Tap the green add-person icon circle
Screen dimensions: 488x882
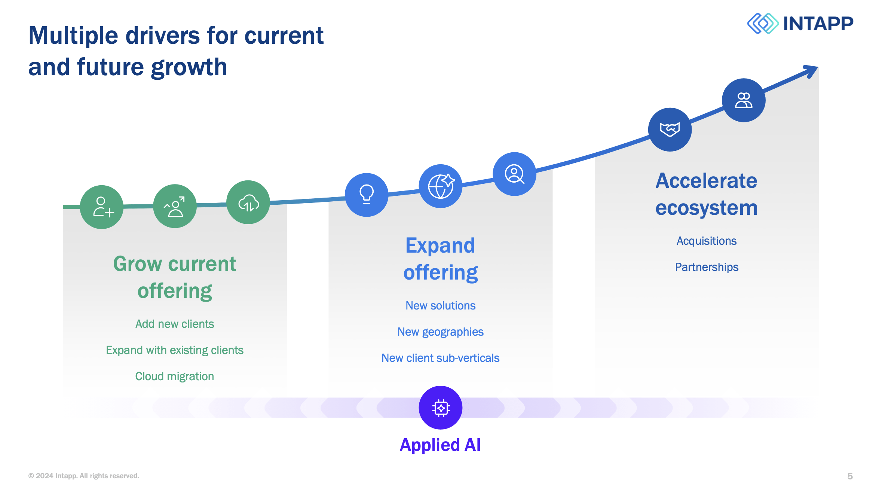coord(102,207)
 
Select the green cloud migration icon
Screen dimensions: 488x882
coord(248,202)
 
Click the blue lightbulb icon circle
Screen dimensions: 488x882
coord(367,195)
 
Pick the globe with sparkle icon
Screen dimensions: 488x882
coord(441,186)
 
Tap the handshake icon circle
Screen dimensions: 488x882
coord(670,129)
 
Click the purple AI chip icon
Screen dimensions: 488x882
coord(441,408)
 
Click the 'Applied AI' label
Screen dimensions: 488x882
coord(440,445)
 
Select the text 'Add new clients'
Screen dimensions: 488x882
coord(175,324)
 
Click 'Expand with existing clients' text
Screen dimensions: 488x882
coord(175,350)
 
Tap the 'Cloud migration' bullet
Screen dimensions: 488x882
coord(175,376)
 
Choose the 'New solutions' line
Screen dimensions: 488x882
coord(441,305)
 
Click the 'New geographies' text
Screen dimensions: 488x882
coord(441,332)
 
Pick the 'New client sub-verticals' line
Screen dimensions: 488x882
coord(441,358)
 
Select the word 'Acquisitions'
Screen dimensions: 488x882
coord(707,241)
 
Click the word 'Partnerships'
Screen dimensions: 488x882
coord(707,267)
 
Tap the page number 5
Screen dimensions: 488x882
coord(850,476)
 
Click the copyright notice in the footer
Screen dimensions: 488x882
coord(84,476)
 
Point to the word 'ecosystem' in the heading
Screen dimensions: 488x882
coord(707,208)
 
